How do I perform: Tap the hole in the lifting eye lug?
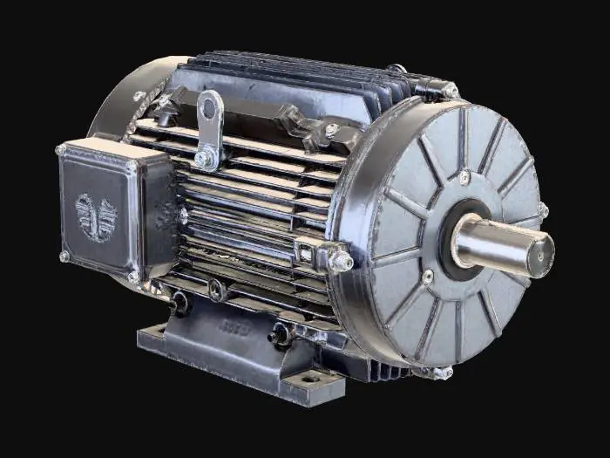tap(208, 109)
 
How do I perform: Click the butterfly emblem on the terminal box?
tap(96, 216)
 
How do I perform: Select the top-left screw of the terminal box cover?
tap(61, 150)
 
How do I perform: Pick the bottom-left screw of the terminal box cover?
tap(64, 256)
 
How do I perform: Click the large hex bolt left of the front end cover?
tap(341, 259)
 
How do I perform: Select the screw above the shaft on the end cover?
tap(464, 177)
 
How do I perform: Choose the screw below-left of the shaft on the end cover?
tap(427, 277)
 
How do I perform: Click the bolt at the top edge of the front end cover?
tap(450, 91)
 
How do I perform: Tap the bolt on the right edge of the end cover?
tap(542, 209)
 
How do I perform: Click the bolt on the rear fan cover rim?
tap(139, 97)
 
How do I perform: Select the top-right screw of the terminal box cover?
tap(131, 165)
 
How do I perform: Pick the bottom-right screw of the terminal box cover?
tap(132, 276)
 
